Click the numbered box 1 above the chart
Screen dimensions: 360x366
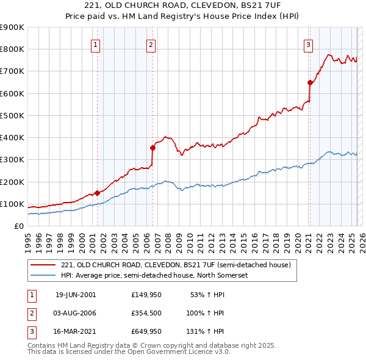coord(96,44)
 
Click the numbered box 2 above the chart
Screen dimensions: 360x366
coord(151,44)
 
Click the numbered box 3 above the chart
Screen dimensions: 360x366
coord(309,44)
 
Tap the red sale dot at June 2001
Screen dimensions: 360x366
coord(97,193)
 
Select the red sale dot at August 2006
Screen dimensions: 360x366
coord(152,147)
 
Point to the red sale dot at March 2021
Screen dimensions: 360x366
coord(310,82)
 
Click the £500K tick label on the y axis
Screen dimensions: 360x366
coord(12,115)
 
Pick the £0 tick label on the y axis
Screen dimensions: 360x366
coord(19,226)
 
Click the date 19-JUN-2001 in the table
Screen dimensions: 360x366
coord(76,295)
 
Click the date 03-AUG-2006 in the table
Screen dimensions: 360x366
coord(76,313)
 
